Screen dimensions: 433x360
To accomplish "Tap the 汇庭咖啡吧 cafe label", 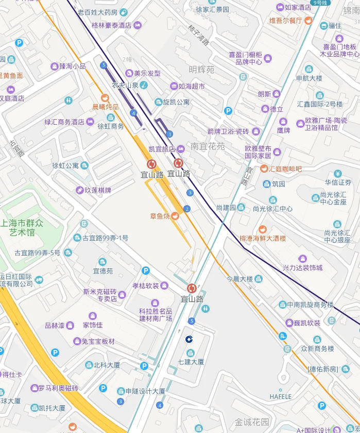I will [285, 169].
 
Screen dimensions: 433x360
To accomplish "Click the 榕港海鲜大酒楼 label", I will [263, 239].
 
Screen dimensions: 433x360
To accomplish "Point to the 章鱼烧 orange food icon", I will [176, 216].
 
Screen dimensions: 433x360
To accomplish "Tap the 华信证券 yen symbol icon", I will [338, 174].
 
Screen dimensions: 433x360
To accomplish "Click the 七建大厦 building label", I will [191, 362].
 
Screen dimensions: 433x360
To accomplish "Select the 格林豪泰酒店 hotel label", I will [111, 25].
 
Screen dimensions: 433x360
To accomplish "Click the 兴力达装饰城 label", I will [302, 268].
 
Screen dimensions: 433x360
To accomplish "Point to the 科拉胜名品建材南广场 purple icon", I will [155, 303].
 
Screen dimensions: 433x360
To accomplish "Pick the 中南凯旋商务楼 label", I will [311, 305].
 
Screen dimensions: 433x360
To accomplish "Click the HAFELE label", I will [281, 396].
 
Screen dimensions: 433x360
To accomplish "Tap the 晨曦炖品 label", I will [105, 107].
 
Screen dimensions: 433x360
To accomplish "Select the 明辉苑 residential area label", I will [201, 70].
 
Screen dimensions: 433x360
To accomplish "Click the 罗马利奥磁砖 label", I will [58, 388].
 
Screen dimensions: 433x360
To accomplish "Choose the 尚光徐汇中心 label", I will [272, 209].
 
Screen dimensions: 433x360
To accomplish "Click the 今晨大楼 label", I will [240, 279].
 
